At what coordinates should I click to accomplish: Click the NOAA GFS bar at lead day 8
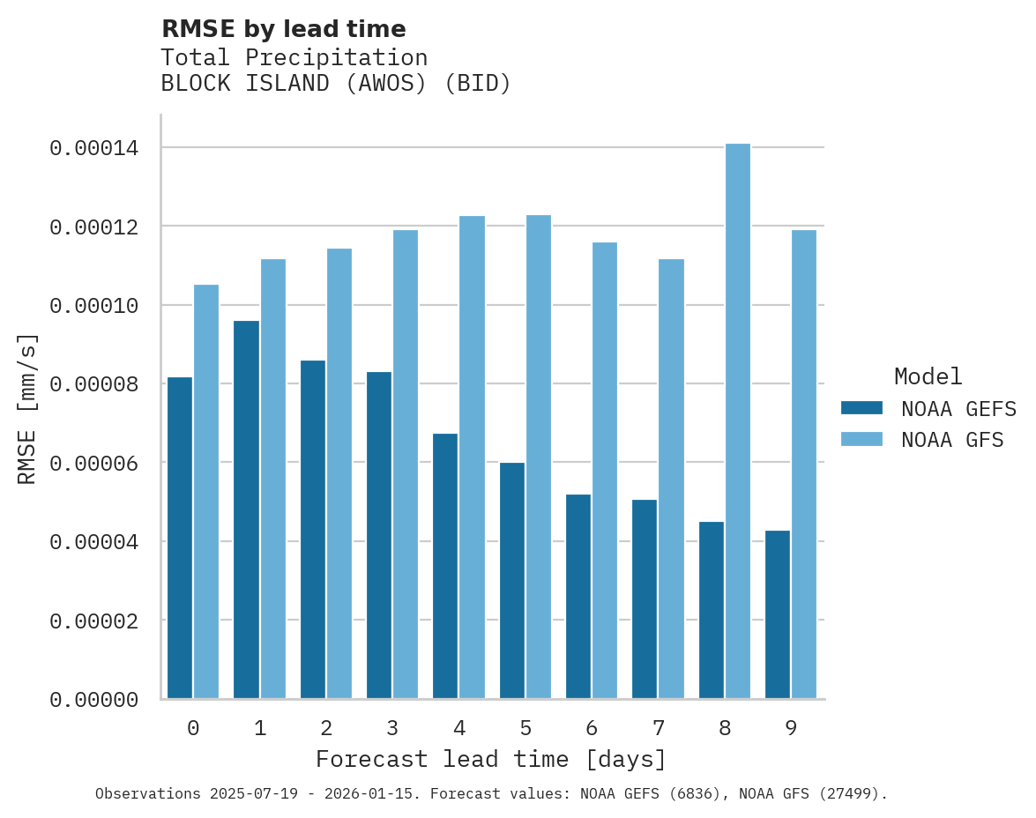click(x=737, y=421)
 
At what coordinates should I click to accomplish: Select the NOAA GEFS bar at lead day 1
click(x=247, y=509)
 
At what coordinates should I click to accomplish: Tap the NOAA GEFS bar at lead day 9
click(x=778, y=614)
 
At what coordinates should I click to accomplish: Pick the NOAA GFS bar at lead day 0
click(x=206, y=492)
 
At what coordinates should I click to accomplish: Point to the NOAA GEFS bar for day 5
click(x=512, y=581)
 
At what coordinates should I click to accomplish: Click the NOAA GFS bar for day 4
click(x=472, y=457)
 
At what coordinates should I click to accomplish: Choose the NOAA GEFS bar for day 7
click(x=645, y=599)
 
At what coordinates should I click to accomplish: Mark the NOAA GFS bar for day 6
click(x=605, y=471)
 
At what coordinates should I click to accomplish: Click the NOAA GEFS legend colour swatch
click(x=861, y=407)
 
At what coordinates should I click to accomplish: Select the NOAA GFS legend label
click(x=952, y=439)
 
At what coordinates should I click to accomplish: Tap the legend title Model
click(x=928, y=376)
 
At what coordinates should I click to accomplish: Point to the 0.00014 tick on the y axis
click(x=93, y=148)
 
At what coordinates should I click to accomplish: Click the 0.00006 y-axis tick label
click(x=93, y=463)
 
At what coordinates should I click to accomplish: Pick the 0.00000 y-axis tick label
click(x=93, y=700)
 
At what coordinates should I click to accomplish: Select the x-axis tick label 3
click(x=392, y=728)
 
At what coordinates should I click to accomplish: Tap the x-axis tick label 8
click(x=724, y=728)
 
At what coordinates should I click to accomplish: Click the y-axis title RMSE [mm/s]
click(x=27, y=409)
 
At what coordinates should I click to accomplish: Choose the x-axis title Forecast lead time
click(x=491, y=759)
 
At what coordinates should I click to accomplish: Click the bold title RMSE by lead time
click(x=284, y=29)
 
